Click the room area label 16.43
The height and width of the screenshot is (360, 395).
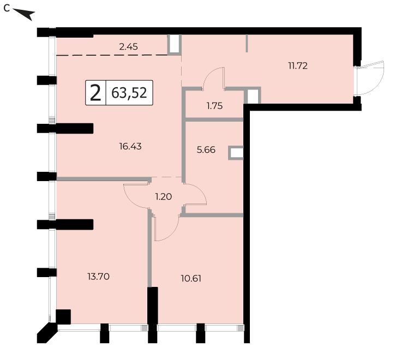pyautogui.click(x=130, y=146)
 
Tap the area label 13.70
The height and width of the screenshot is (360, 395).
pyautogui.click(x=98, y=277)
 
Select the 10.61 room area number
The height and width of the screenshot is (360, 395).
pyautogui.click(x=191, y=279)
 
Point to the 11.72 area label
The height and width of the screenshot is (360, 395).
pyautogui.click(x=298, y=66)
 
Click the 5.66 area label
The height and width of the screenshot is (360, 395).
pyautogui.click(x=206, y=150)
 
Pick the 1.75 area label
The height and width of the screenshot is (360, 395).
pyautogui.click(x=214, y=106)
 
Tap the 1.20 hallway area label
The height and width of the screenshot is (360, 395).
pyautogui.click(x=164, y=196)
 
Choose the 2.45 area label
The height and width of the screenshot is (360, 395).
pyautogui.click(x=128, y=47)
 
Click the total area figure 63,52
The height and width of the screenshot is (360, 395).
pyautogui.click(x=129, y=93)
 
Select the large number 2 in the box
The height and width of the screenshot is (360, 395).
pyautogui.click(x=95, y=93)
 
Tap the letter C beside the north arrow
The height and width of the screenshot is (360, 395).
pyautogui.click(x=7, y=8)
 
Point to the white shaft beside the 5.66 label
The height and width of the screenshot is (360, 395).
pyautogui.click(x=236, y=153)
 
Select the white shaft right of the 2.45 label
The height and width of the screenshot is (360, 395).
pyautogui.click(x=175, y=44)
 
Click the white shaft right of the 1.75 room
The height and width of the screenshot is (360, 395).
pyautogui.click(x=252, y=95)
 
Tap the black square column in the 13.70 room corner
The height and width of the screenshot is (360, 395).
pyautogui.click(x=63, y=317)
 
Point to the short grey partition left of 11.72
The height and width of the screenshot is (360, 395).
pyautogui.click(x=247, y=43)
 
